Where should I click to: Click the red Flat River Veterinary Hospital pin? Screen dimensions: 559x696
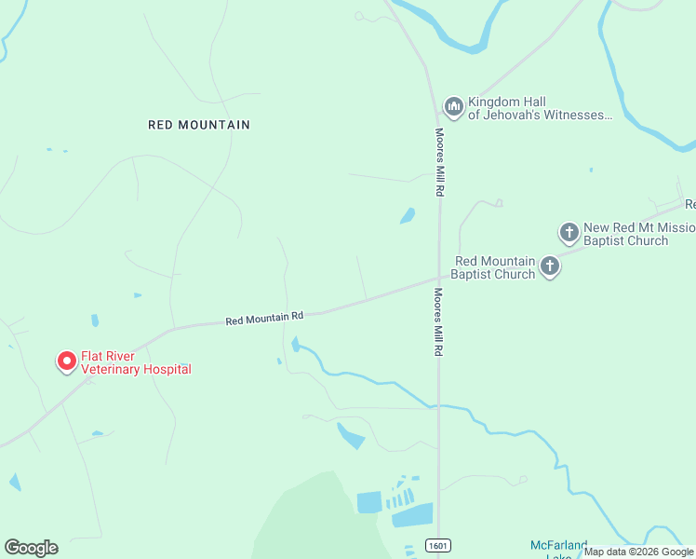tap(67, 361)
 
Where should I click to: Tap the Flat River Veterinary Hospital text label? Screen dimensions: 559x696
tap(136, 362)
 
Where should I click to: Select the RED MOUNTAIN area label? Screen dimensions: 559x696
tap(199, 124)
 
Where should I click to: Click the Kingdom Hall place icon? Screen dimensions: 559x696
tap(453, 107)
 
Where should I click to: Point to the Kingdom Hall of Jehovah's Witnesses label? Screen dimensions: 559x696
tap(540, 108)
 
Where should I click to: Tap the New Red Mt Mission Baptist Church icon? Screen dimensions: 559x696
tap(569, 232)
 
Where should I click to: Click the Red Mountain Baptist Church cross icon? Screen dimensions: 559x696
tap(550, 267)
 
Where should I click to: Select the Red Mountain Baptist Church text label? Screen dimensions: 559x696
tap(494, 267)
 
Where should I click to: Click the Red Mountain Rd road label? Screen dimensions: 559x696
tap(264, 318)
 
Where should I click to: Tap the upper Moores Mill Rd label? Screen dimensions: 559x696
tap(439, 161)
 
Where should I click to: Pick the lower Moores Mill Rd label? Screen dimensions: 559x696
tap(437, 322)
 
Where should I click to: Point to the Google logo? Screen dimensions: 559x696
tap(31, 547)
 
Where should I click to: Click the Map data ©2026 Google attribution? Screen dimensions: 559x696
tap(638, 552)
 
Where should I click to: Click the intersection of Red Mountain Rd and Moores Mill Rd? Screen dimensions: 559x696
tap(439, 277)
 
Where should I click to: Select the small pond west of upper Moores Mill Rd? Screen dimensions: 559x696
tap(408, 216)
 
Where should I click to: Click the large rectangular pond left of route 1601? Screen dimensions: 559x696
tap(370, 502)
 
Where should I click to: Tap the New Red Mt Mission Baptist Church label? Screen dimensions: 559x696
tap(634, 234)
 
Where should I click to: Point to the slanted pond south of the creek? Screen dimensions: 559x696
tap(351, 435)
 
